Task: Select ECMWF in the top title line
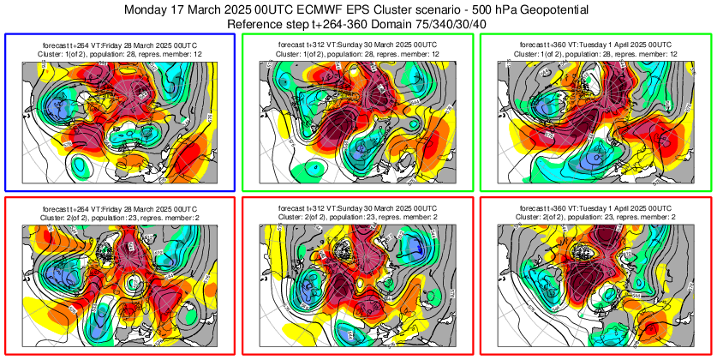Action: click(311, 9)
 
